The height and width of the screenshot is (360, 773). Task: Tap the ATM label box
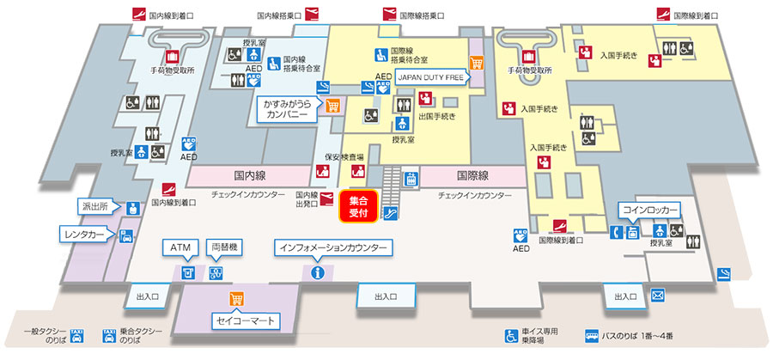tap(180, 247)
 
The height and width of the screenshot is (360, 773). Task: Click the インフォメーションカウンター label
tap(334, 247)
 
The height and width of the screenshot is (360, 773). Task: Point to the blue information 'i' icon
tap(318, 273)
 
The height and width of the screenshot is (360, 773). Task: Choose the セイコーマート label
tap(246, 320)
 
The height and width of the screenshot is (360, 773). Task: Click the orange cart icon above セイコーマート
tap(234, 299)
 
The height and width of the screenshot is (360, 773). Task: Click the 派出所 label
tap(96, 208)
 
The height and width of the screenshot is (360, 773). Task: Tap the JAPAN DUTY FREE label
tap(429, 75)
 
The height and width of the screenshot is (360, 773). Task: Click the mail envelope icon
tap(658, 296)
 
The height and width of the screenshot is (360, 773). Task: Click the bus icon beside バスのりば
tap(592, 335)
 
